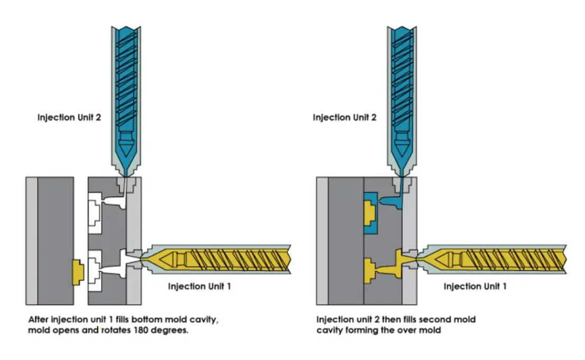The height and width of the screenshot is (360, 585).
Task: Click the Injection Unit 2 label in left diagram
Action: coord(69,117)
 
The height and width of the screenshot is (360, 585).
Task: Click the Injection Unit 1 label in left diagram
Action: coord(199,287)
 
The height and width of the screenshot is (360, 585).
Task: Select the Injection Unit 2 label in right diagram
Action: coord(345,117)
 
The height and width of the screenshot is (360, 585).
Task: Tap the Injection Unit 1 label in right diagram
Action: coord(475,287)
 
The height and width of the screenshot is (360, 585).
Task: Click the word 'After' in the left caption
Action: coord(38,320)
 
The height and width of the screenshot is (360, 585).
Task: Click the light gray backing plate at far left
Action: coord(32,241)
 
